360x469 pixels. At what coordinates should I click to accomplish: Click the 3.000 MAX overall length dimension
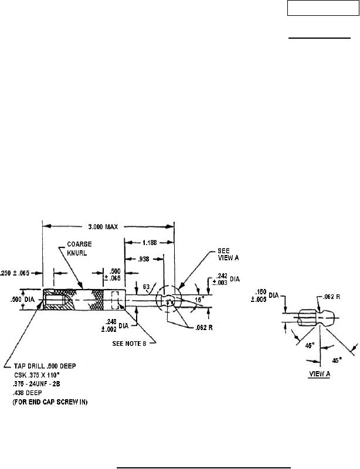click(x=108, y=227)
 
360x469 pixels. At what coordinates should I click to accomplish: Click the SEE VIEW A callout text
click(x=220, y=252)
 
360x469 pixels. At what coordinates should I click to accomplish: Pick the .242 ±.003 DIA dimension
click(x=225, y=279)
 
